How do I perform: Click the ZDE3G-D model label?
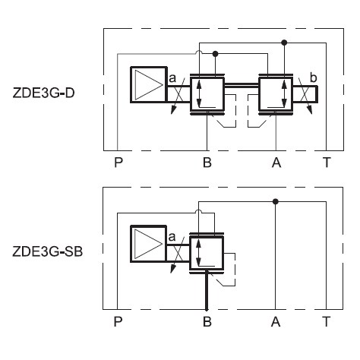pyautogui.click(x=43, y=93)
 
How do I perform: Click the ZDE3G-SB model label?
pyautogui.click(x=48, y=251)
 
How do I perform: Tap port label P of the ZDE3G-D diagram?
pyautogui.click(x=118, y=163)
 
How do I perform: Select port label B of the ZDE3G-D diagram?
pyautogui.click(x=207, y=163)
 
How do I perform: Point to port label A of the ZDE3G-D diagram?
pyautogui.click(x=276, y=163)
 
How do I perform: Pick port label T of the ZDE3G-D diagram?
pyautogui.click(x=327, y=163)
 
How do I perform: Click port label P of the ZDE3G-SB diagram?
pyautogui.click(x=118, y=321)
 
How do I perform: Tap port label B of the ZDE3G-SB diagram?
pyautogui.click(x=207, y=321)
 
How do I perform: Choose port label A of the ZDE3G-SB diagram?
pyautogui.click(x=276, y=321)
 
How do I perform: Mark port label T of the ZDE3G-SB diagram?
pyautogui.click(x=327, y=321)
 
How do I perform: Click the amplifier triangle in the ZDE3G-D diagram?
pyautogui.click(x=148, y=85)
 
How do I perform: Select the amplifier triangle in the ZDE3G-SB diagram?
pyautogui.click(x=148, y=244)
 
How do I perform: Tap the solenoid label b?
pyautogui.click(x=313, y=77)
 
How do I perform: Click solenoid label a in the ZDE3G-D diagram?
pyautogui.click(x=172, y=78)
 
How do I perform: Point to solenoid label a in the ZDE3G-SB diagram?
pyautogui.click(x=172, y=237)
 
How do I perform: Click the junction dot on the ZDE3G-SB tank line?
pyautogui.click(x=276, y=201)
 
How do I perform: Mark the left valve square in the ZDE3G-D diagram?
pyautogui.click(x=207, y=94)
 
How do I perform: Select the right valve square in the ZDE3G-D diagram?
pyautogui.click(x=276, y=94)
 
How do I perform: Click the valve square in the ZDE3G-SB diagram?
pyautogui.click(x=207, y=254)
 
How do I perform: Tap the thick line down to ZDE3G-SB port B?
pyautogui.click(x=207, y=290)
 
